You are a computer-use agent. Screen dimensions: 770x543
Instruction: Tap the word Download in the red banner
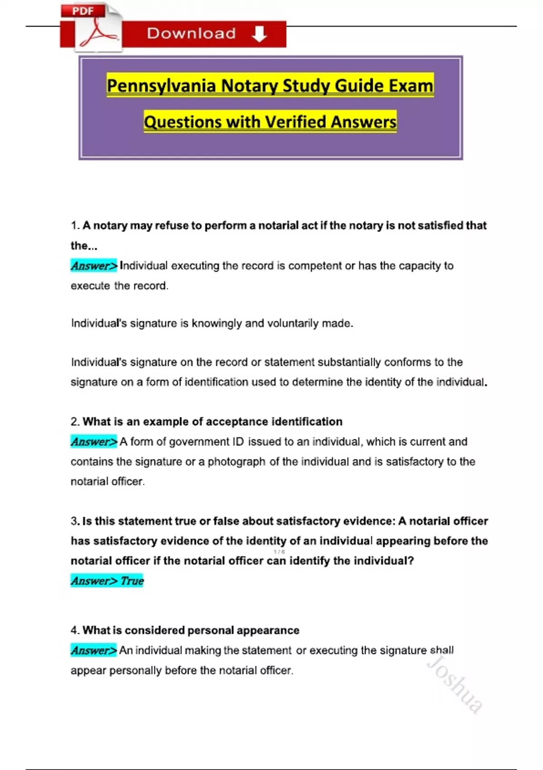click(x=191, y=34)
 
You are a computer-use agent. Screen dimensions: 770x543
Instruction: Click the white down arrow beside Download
click(x=259, y=34)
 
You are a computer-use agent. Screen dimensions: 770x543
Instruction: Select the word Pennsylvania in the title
click(x=161, y=86)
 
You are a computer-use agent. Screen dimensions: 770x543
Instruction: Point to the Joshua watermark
click(x=455, y=684)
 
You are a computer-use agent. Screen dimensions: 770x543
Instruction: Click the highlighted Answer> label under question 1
click(x=94, y=265)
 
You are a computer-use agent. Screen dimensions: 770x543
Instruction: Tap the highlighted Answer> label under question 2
click(x=94, y=442)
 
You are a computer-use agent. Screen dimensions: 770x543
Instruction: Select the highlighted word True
click(x=132, y=581)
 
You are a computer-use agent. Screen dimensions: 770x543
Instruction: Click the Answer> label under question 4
click(x=94, y=650)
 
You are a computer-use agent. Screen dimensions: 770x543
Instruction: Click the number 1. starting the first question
click(x=75, y=226)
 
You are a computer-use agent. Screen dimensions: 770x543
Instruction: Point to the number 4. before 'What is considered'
click(x=75, y=630)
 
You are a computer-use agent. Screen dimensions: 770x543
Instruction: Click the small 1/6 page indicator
click(x=279, y=552)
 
